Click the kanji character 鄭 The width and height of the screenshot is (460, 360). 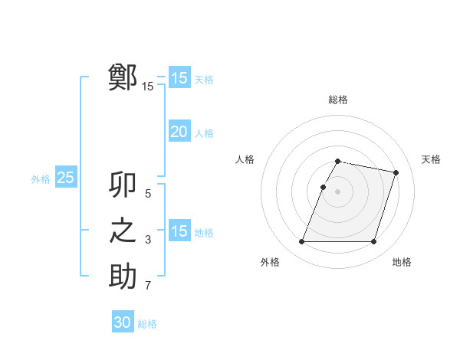click(x=123, y=77)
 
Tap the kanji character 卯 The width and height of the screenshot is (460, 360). click(x=123, y=186)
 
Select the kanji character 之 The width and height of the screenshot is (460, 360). click(x=123, y=231)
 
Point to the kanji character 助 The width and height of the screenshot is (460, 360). click(x=123, y=276)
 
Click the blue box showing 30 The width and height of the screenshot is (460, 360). click(x=123, y=322)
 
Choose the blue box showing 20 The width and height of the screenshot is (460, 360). click(x=179, y=132)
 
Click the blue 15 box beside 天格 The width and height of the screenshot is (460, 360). click(x=179, y=78)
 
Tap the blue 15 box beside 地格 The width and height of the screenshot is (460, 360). click(x=179, y=231)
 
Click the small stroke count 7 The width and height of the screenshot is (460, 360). click(x=148, y=286)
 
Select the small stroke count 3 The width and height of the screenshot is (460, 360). click(x=148, y=241)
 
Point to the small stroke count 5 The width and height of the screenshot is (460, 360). click(x=148, y=195)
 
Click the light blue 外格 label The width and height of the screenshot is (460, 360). click(x=41, y=179)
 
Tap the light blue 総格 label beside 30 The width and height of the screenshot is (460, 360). click(x=147, y=324)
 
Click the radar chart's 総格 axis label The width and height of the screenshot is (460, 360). click(x=338, y=100)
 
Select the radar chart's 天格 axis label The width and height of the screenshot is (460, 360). click(x=431, y=159)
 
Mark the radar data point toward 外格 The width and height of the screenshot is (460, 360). click(x=302, y=242)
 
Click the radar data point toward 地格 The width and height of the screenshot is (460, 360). click(x=373, y=242)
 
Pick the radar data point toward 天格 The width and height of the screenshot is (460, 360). click(x=396, y=173)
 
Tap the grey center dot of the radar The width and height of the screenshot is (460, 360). click(x=338, y=192)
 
